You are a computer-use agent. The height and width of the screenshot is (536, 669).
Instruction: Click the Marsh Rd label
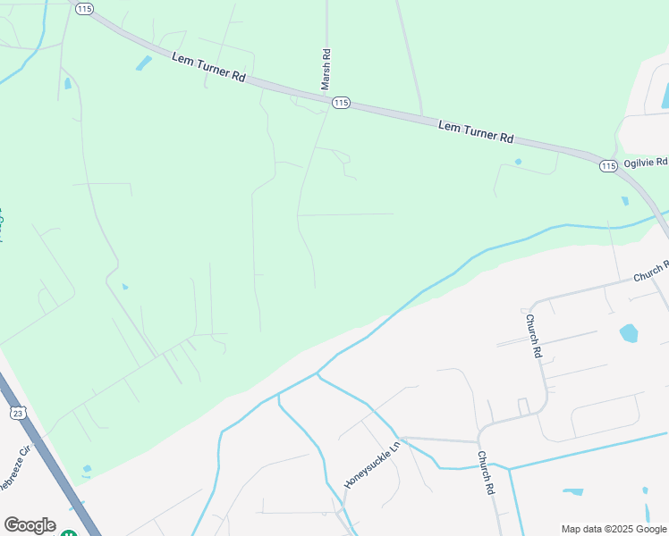326,68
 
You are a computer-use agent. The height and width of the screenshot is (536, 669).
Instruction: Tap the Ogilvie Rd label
645,163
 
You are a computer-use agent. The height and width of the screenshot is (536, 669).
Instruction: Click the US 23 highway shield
18,412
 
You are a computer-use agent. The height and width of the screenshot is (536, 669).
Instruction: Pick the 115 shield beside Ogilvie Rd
608,166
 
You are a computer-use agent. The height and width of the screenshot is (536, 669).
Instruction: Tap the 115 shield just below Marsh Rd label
340,104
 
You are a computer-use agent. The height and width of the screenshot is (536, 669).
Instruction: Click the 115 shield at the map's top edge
84,8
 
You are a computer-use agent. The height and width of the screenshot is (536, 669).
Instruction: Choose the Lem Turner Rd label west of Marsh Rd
208,67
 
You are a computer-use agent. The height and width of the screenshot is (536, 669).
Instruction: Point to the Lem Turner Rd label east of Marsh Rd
476,132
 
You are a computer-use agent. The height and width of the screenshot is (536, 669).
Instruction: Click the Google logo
30,525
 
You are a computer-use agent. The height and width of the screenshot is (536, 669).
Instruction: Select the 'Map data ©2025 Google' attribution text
613,529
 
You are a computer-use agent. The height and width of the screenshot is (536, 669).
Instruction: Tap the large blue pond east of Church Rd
629,333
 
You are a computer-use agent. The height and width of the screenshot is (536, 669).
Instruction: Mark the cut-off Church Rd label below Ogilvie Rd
651,272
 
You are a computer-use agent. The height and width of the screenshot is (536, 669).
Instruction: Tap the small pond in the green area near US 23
87,469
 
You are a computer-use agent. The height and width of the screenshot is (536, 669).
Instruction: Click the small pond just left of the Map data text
573,491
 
